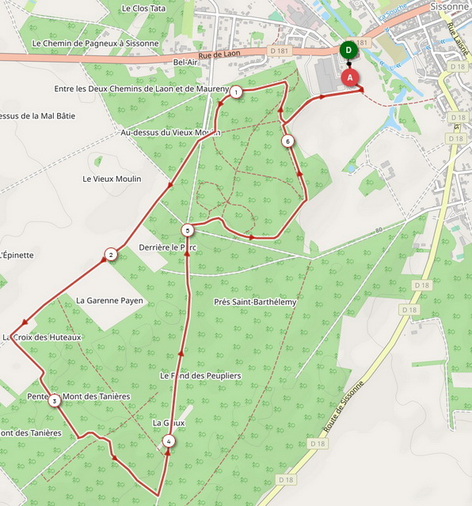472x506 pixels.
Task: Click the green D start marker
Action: [348, 51]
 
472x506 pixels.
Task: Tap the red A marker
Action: [350, 77]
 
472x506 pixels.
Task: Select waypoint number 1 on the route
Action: [236, 93]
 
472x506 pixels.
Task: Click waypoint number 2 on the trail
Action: [111, 255]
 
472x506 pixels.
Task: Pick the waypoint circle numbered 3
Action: [54, 401]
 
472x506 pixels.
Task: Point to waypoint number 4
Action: [168, 441]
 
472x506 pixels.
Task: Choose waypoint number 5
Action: [186, 231]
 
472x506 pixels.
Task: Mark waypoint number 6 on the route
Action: [287, 142]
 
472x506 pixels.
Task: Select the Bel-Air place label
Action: [185, 62]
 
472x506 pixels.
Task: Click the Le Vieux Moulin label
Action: [112, 179]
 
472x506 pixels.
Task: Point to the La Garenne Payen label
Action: [109, 300]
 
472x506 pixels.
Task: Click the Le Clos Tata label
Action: [144, 9]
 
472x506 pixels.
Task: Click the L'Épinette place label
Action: [17, 255]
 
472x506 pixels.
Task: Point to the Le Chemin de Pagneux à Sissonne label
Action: [96, 43]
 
